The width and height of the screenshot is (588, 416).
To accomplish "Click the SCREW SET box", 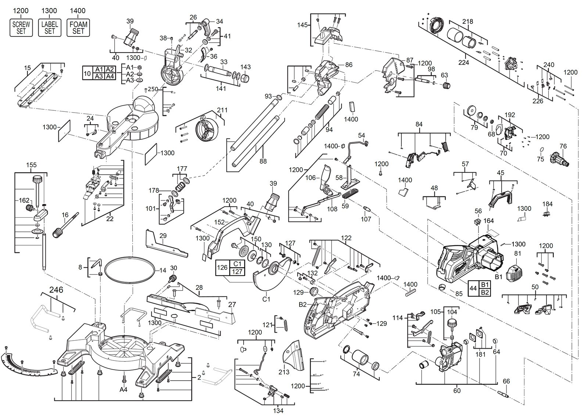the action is click(21, 28).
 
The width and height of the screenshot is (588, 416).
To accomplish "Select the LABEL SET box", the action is click(50, 28).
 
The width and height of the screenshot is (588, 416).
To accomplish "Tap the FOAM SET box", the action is click(78, 28).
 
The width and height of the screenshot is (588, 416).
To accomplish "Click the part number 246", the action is click(56, 290).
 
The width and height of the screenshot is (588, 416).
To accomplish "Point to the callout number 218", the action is click(467, 21).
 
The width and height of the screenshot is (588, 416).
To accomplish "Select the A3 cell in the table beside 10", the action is click(99, 76).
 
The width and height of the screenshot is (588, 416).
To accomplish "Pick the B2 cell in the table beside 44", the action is click(485, 292).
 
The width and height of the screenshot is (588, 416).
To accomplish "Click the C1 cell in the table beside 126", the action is click(237, 264).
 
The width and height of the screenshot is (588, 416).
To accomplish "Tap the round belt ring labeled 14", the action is click(129, 270).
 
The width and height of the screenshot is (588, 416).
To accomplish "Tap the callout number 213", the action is click(284, 372).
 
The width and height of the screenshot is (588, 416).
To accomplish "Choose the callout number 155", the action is click(32, 165).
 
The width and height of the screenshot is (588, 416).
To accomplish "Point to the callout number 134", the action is click(278, 410).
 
